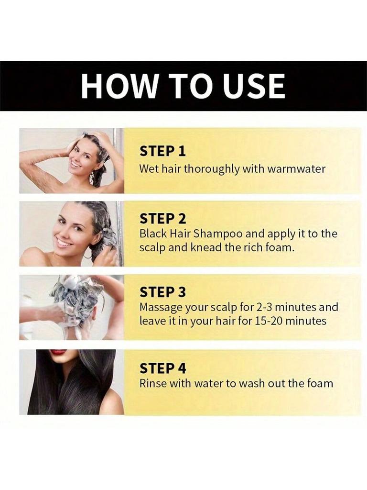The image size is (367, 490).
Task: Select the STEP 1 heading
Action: coord(162,151)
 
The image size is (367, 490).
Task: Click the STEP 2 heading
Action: coord(162,219)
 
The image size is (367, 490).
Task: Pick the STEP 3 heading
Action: coord(162,292)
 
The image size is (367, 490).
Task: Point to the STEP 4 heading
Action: coord(162,368)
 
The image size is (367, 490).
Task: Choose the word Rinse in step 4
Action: coord(152,383)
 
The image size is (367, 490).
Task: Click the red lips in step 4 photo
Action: coord(58,352)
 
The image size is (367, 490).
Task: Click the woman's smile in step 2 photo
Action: coord(63,242)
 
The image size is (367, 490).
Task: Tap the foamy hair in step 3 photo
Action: coord(76,297)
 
